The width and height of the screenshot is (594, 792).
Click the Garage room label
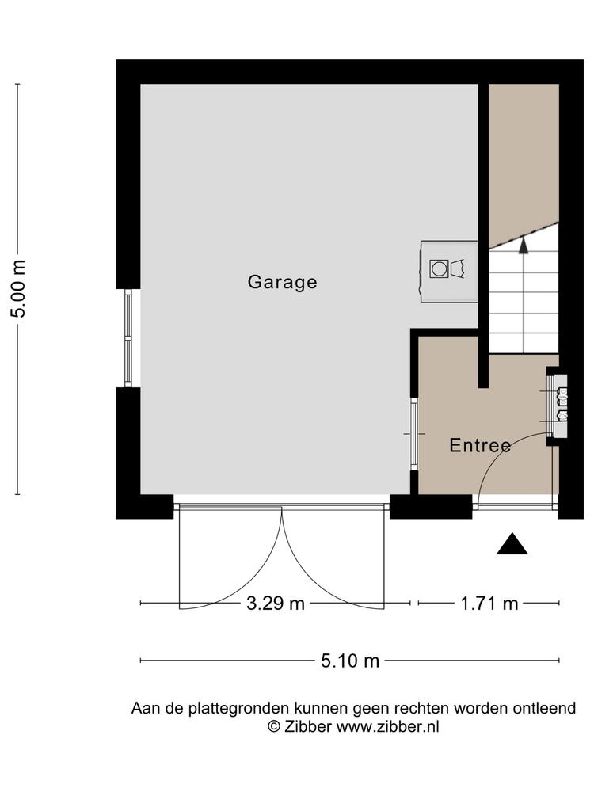pos(283,282)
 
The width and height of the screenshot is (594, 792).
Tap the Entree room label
pos(481,445)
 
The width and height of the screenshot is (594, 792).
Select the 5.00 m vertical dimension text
pos(19,288)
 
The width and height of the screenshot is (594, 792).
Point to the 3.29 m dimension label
pos(276,603)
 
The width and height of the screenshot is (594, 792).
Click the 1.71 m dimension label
pos(489,603)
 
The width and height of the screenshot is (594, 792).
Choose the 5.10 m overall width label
pos(350,661)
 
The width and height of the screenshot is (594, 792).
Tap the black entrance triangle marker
pos(512,544)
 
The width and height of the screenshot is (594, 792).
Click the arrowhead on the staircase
pos(524,245)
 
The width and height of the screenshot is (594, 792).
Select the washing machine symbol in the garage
pos(439,268)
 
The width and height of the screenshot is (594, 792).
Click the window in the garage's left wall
pos(128,338)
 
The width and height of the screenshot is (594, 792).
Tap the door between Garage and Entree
pos(414,434)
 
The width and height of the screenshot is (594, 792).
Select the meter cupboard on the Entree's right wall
pos(558,406)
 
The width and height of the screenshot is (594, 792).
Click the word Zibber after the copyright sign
pos(307,727)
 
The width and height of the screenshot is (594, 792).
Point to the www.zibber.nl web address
pos(387,727)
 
